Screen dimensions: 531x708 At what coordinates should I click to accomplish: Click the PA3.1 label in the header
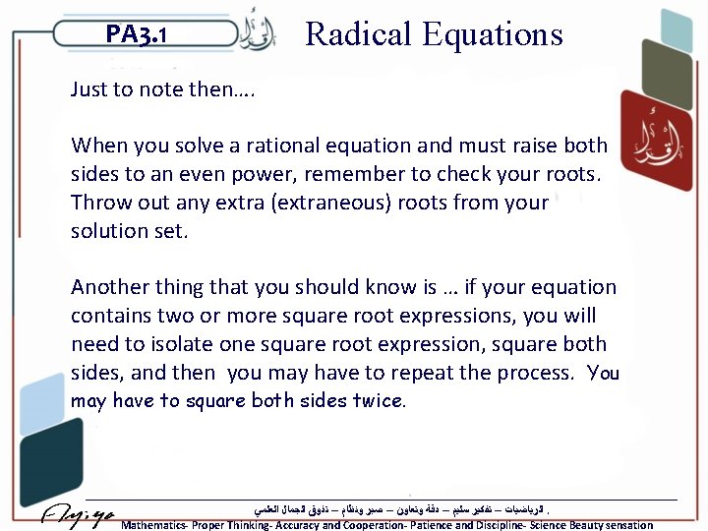tap(137, 35)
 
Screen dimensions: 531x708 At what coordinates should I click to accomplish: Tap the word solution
tap(108, 231)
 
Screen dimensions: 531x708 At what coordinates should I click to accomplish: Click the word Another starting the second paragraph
tap(111, 287)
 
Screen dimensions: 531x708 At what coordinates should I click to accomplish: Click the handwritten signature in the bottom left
tap(79, 515)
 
